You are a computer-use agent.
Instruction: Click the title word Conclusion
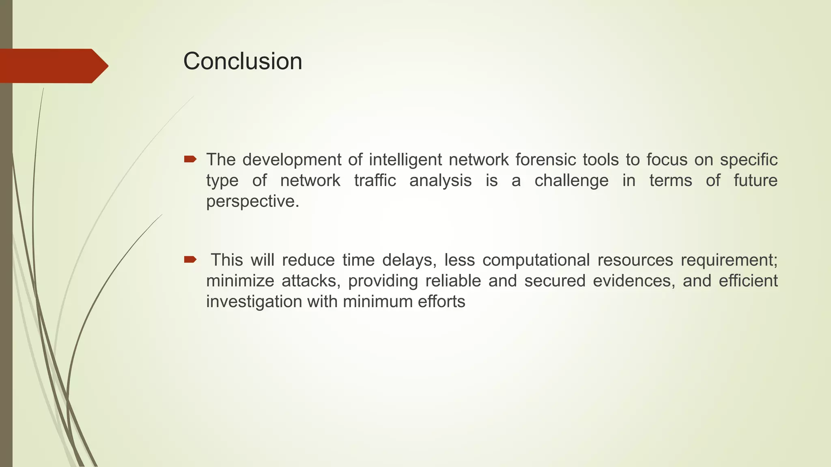coord(243,62)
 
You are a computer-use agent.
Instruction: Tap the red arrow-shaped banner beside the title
coord(53,66)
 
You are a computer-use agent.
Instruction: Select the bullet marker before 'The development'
coord(190,159)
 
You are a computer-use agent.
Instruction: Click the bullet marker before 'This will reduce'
coord(190,259)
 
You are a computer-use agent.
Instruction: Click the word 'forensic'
coord(546,160)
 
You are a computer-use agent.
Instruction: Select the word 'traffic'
coord(375,180)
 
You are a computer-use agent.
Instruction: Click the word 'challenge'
coord(571,180)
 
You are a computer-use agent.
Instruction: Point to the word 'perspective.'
coord(252,201)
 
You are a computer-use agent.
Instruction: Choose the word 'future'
coord(755,180)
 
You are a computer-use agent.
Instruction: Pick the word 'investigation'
coord(254,302)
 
